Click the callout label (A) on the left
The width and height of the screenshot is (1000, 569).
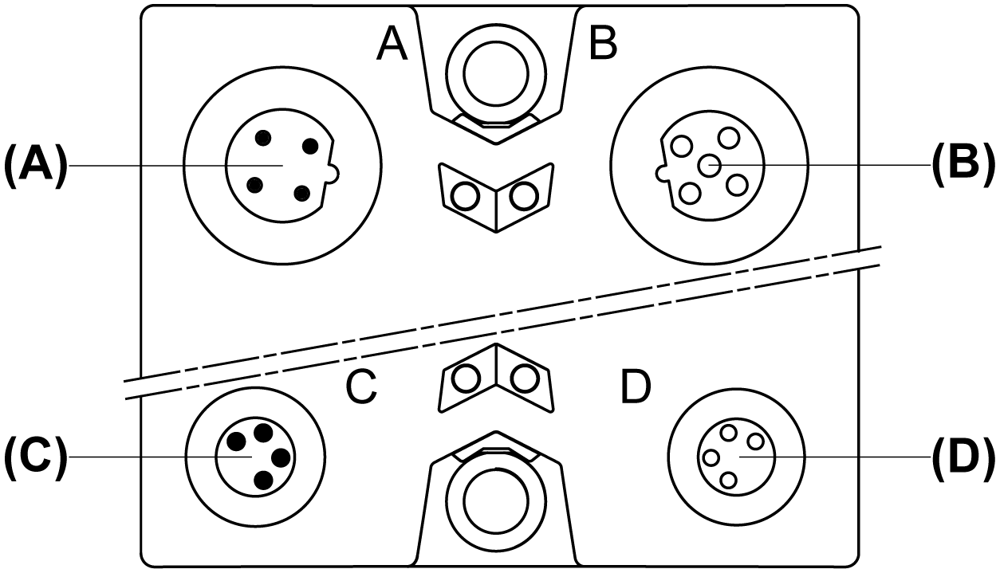tap(36, 166)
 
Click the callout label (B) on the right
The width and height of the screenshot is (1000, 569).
tap(963, 166)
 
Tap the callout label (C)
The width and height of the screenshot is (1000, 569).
tap(36, 457)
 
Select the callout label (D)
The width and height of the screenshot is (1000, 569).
tap(963, 457)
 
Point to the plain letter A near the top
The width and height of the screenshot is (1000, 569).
tap(392, 43)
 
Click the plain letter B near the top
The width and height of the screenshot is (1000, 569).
tap(603, 43)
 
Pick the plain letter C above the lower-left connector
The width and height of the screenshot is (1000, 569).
tap(361, 387)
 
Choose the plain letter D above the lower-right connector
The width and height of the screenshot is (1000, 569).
tap(636, 387)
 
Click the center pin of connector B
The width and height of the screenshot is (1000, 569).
tap(710, 166)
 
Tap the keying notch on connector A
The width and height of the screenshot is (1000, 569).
tap(334, 173)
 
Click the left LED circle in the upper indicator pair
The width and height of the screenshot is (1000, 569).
tap(465, 196)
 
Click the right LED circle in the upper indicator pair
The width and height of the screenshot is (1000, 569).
tap(525, 196)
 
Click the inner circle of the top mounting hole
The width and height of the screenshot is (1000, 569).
tap(496, 73)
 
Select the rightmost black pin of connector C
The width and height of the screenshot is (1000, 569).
tap(281, 458)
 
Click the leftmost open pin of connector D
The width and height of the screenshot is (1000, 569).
tap(711, 458)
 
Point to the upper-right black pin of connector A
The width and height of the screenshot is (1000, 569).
tap(310, 146)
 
